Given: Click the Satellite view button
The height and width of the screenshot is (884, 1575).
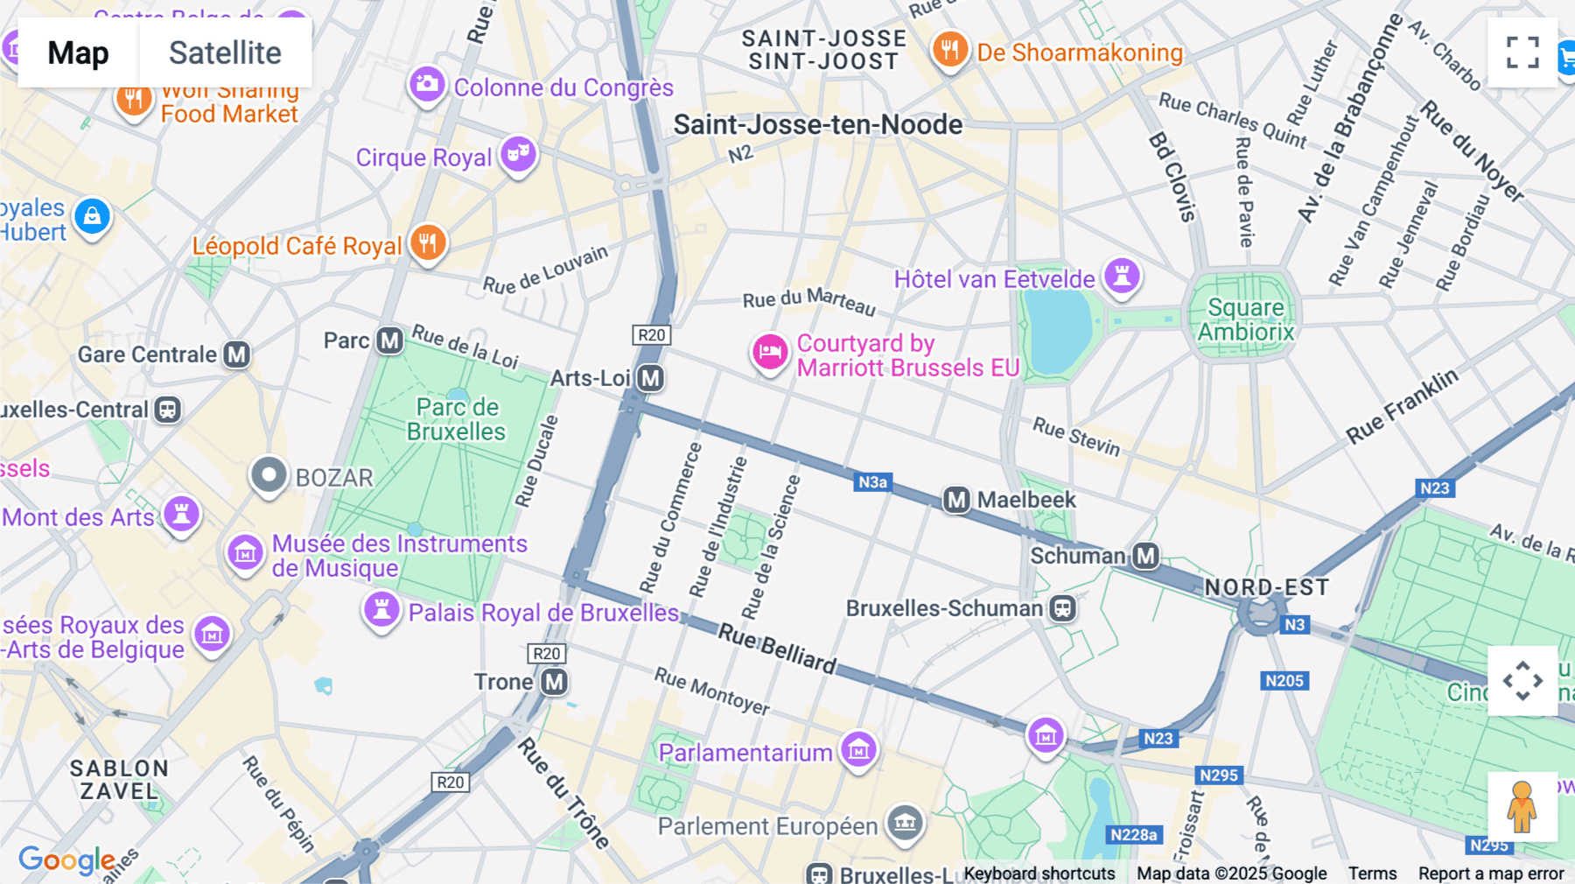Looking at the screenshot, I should coord(225,53).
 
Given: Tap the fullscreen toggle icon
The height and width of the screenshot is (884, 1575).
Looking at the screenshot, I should coord(1522,53).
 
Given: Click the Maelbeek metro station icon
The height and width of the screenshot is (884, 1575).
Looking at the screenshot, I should coord(956,500).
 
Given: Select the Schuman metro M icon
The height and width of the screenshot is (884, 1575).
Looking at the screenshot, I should coord(1145,556).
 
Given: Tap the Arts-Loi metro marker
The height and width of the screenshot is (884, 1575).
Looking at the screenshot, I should coord(650,378).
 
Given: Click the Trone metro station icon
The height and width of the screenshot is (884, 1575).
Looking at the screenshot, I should coord(554,682).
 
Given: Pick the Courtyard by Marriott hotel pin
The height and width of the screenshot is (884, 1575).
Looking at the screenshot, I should coord(770,352).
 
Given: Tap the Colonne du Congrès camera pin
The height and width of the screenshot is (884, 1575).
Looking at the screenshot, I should coord(427,84).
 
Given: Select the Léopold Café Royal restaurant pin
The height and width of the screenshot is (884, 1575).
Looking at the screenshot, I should coord(428,242).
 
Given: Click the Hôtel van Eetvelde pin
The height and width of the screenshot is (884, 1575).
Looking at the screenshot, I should coord(1122,276).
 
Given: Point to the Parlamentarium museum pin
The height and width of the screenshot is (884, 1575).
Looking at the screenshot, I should coord(858,750).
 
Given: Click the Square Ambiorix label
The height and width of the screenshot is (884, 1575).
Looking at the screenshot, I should coord(1245,319).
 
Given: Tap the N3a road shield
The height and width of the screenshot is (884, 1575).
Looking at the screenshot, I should coord(872,482).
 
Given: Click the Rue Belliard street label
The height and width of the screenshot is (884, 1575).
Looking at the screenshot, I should coord(777,649).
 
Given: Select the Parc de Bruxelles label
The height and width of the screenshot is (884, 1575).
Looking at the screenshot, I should coord(456,419).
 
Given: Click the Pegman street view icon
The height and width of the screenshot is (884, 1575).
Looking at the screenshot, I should coord(1522,806).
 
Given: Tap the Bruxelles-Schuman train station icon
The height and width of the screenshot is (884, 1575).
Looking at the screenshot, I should coord(1062,608).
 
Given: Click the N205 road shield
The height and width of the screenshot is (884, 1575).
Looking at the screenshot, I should coord(1284,681).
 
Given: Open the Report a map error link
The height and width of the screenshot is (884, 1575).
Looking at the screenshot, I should coord(1491,873).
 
